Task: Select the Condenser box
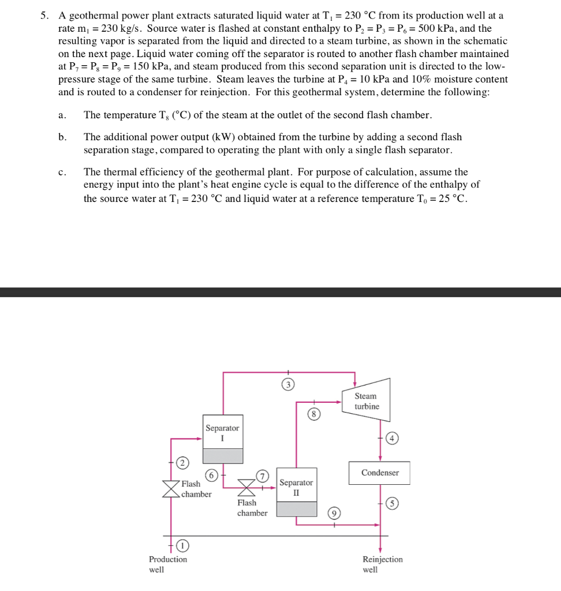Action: [379, 473]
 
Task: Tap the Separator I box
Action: [222, 439]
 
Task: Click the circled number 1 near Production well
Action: [182, 545]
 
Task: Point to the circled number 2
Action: [182, 462]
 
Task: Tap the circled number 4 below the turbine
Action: [393, 437]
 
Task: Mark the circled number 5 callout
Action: [392, 504]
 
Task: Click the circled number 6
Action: [212, 475]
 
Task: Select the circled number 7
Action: [264, 476]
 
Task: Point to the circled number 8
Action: [313, 414]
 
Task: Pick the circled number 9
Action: [334, 513]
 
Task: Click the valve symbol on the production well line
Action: [171, 488]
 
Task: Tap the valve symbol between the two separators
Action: [247, 488]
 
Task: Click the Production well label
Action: [167, 564]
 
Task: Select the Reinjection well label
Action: [382, 564]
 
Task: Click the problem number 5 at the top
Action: [44, 16]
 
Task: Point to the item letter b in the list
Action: [62, 137]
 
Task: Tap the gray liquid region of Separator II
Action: [296, 508]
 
